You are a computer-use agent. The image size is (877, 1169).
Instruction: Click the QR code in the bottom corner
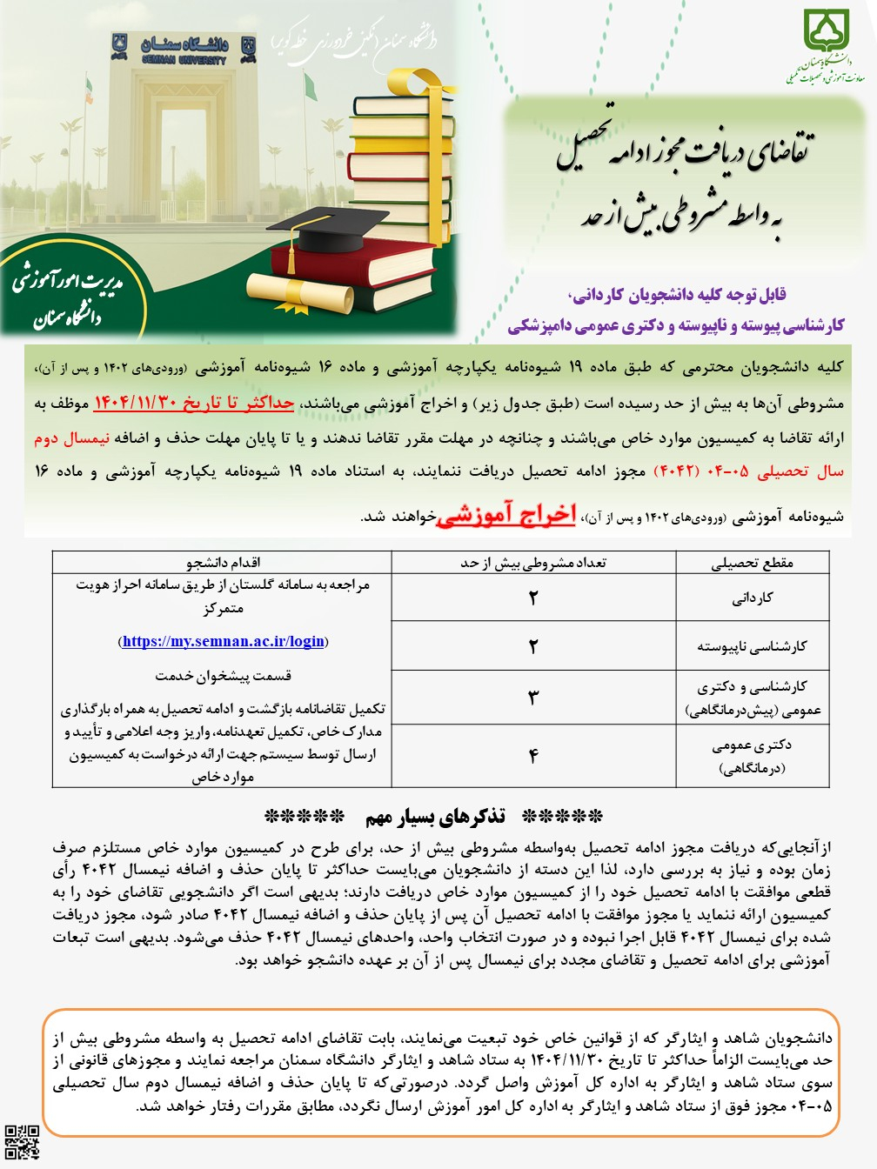point(23,1141)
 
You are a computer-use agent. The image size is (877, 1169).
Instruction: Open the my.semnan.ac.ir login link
point(223,642)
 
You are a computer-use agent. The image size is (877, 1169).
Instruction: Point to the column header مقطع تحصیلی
point(753,563)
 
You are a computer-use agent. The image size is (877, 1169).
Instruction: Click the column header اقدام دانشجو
point(223,563)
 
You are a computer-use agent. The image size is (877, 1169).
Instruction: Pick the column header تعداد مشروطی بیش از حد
point(533,563)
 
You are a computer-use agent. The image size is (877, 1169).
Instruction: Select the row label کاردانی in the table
point(753,598)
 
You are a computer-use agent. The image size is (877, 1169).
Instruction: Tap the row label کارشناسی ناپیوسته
point(753,646)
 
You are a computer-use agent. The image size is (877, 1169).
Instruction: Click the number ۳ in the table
point(533,697)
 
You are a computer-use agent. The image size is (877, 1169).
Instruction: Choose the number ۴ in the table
point(533,756)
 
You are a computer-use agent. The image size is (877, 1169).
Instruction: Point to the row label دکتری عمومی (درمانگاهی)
point(753,756)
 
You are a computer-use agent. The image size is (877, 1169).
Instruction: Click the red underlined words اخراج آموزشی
point(505,515)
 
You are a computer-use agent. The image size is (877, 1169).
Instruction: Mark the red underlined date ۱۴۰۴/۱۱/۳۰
point(135,403)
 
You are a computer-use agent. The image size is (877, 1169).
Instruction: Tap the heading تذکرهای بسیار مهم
point(434,817)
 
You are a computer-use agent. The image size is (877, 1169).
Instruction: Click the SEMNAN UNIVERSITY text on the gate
point(184,61)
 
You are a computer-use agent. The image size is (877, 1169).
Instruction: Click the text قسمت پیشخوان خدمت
point(223,676)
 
